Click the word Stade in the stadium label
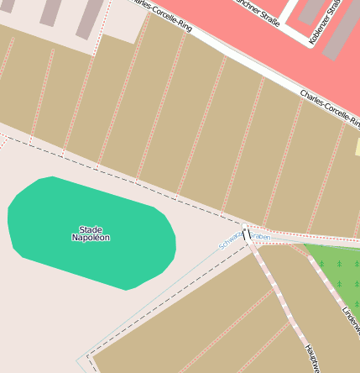tap(90, 229)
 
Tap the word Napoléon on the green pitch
tap(90, 238)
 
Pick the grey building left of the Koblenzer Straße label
tap(310, 10)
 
